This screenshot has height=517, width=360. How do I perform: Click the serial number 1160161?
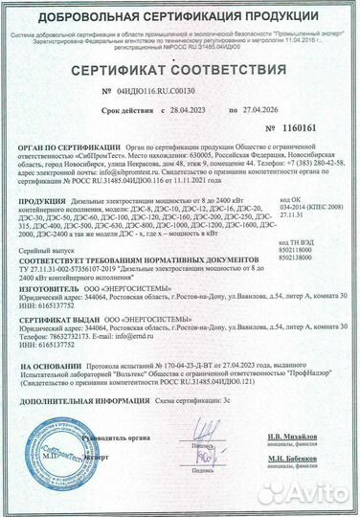click(299, 127)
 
